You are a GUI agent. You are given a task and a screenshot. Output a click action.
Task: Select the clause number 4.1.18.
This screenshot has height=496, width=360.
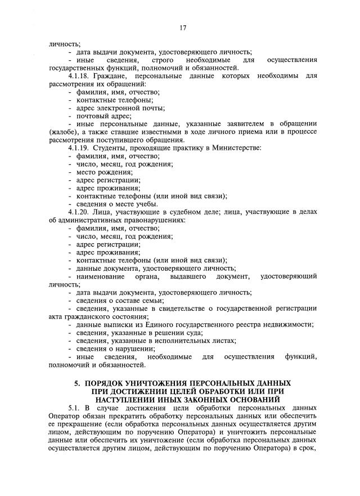tap(79, 75)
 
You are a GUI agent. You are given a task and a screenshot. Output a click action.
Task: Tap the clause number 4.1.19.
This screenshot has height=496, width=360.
tap(79, 148)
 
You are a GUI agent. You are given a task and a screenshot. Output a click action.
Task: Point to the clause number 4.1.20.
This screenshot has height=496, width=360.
tap(79, 212)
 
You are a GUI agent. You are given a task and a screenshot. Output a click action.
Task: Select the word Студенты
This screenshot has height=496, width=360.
tap(115, 148)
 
